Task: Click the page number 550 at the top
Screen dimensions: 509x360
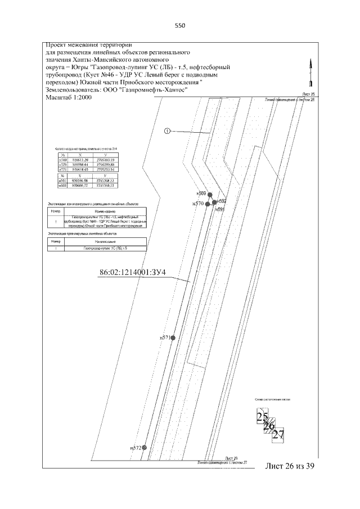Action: pyautogui.click(x=180, y=25)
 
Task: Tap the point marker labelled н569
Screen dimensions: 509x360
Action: pyautogui.click(x=210, y=194)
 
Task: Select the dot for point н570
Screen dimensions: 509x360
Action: pyautogui.click(x=208, y=204)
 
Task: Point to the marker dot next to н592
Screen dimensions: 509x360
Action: pyautogui.click(x=214, y=201)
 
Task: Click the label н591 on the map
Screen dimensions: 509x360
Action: pyautogui.click(x=220, y=209)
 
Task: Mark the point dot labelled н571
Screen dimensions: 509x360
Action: pyautogui.click(x=173, y=337)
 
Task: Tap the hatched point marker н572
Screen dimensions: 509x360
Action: pyautogui.click(x=145, y=447)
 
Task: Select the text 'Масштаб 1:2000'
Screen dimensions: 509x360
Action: pyautogui.click(x=69, y=97)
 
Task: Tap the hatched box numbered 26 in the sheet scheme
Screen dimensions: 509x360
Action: pyautogui.click(x=269, y=426)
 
